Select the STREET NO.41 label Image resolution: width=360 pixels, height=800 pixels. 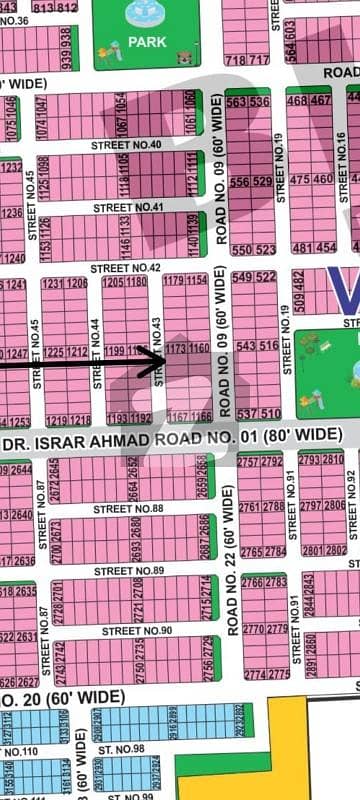[128, 207]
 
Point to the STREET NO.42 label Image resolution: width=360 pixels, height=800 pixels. [125, 268]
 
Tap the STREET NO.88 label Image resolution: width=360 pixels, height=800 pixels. [128, 509]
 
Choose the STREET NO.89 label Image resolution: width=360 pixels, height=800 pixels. [129, 570]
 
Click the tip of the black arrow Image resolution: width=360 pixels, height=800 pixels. [166, 352]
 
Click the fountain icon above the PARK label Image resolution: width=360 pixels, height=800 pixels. [139, 14]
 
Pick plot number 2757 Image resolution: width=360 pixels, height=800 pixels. [248, 460]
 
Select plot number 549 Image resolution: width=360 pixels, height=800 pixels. [241, 277]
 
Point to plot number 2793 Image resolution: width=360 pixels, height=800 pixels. [308, 459]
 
